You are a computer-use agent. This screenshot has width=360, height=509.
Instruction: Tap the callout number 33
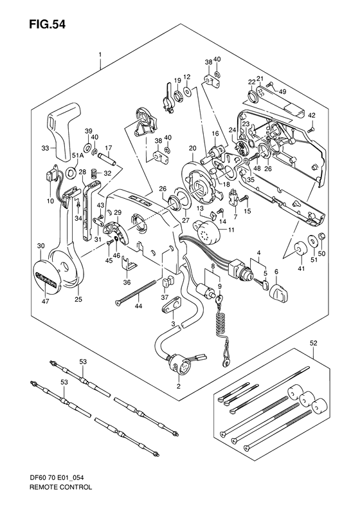(45, 149)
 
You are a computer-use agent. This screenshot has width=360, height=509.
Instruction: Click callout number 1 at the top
(101, 55)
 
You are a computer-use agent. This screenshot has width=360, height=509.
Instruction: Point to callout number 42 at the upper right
(311, 116)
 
